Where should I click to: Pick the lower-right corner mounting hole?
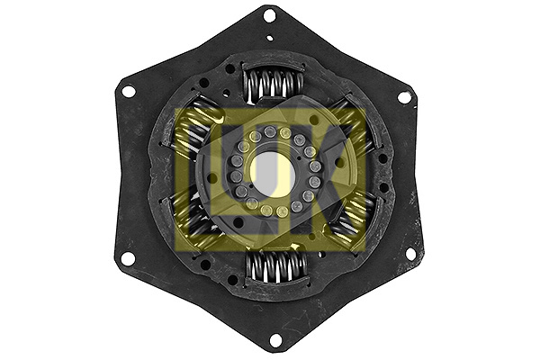coord(411,255)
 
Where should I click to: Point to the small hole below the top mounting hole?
coord(270,38)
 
